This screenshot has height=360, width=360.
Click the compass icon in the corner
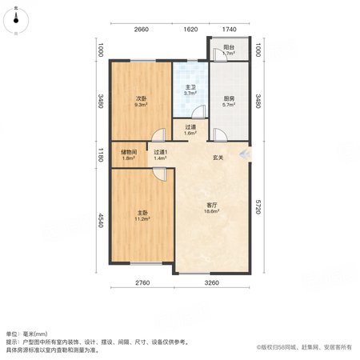pyautogui.click(x=16, y=21)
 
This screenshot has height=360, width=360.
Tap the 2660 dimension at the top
pyautogui.click(x=142, y=30)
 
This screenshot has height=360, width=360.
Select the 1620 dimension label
pyautogui.click(x=190, y=30)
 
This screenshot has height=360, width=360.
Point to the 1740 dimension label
pyautogui.click(x=230, y=30)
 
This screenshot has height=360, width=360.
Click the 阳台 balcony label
pyautogui.click(x=229, y=47)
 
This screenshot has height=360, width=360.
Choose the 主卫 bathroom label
pyautogui.click(x=190, y=87)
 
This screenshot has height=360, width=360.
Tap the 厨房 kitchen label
pyautogui.click(x=229, y=98)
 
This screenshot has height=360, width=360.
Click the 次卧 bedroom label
pyautogui.click(x=142, y=98)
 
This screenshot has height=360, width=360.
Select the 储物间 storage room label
pyautogui.click(x=129, y=152)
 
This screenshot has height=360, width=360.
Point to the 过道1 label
pyautogui.click(x=160, y=152)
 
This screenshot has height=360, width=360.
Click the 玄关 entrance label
pyautogui.click(x=218, y=158)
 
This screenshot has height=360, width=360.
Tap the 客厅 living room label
pyautogui.click(x=212, y=205)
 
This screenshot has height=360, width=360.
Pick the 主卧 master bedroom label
pyautogui.click(x=142, y=213)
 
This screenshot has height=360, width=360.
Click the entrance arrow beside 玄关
pyautogui.click(x=245, y=154)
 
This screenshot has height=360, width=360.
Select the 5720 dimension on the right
pyautogui.click(x=258, y=207)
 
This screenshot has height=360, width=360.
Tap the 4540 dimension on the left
pyautogui.click(x=101, y=220)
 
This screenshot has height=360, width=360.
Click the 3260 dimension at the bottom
pyautogui.click(x=212, y=282)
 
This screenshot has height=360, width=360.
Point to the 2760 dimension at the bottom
pyautogui.click(x=142, y=282)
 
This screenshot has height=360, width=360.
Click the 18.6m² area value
pyautogui.click(x=212, y=211)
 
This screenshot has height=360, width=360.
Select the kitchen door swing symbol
pyautogui.click(x=220, y=134)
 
